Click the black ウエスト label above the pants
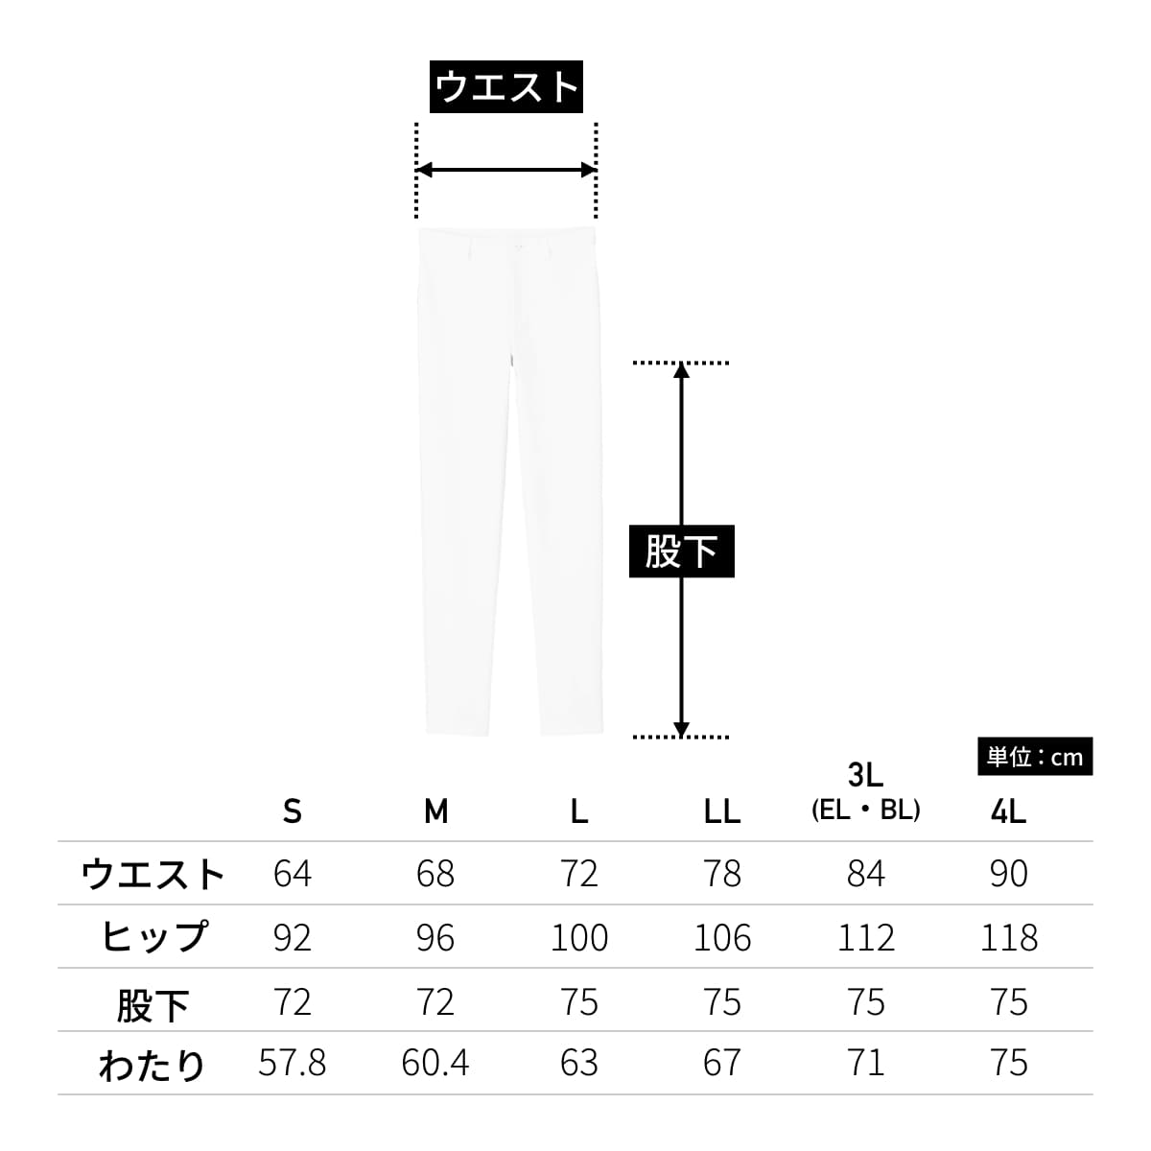coord(505,86)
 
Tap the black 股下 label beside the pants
coord(682,551)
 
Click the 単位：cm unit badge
coord(1035,757)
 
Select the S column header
coord(293,811)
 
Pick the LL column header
coord(722,811)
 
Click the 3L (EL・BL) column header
coord(865,792)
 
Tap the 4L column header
coord(1009,811)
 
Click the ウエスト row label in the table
coord(153,874)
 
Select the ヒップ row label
coord(153,936)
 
